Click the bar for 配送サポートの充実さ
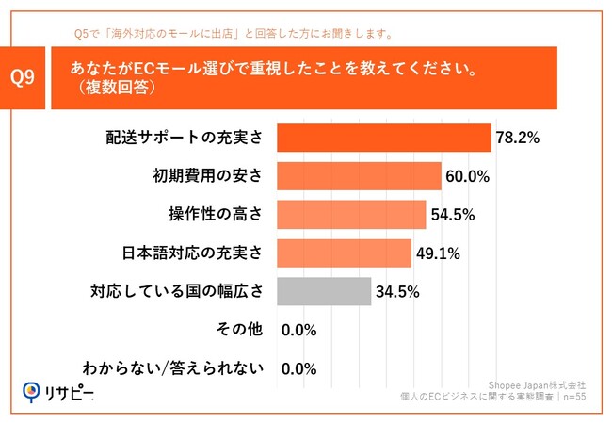(384, 138)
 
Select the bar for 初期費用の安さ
(359, 176)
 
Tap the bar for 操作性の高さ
(351, 215)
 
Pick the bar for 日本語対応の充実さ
(345, 253)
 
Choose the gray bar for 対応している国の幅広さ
(324, 292)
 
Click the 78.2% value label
(517, 138)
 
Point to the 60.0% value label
(467, 176)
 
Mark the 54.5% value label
(452, 215)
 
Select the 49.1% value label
(437, 253)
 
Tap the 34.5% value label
(396, 292)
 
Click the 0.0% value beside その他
(298, 331)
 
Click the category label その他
(243, 331)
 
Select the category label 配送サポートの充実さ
(184, 138)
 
